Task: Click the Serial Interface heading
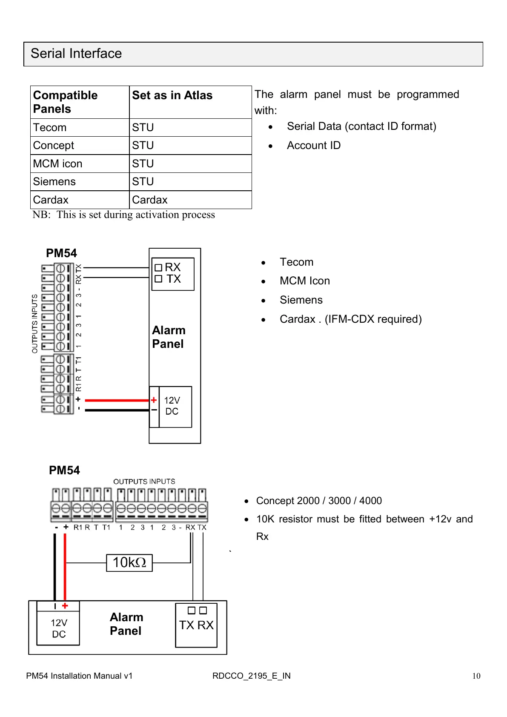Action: [76, 54]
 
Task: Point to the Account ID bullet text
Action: [314, 146]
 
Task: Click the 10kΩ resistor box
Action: [129, 562]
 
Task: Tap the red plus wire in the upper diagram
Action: [117, 400]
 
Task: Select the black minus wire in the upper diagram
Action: [117, 410]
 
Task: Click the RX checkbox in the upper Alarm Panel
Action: [158, 268]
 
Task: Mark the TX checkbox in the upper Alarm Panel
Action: [158, 279]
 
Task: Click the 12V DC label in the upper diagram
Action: [172, 406]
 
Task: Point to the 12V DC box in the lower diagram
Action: [59, 628]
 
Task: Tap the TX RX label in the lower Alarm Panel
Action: [196, 625]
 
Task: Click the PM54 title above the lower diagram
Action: [64, 470]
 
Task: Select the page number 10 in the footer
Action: [476, 676]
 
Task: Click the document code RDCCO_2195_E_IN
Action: [251, 676]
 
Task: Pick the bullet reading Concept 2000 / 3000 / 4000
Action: [319, 501]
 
